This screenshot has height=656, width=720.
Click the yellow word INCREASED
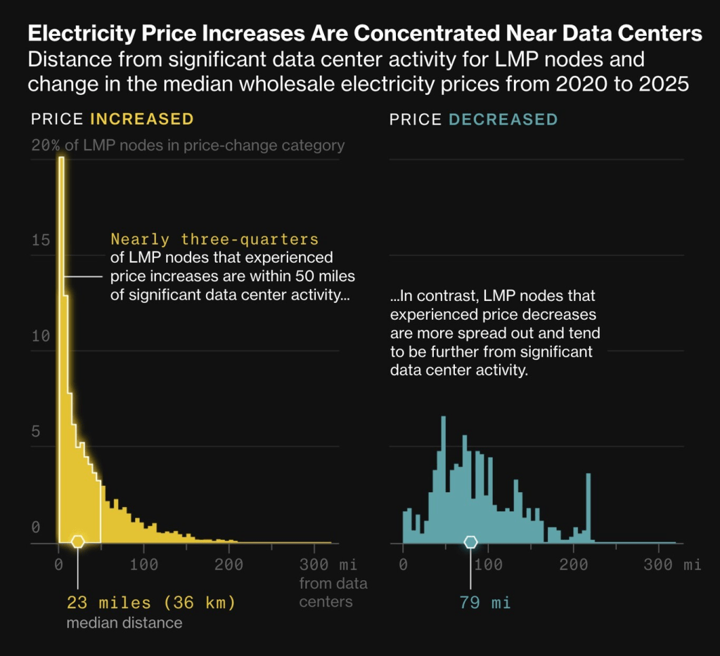pyautogui.click(x=142, y=119)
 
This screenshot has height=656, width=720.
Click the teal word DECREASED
pyautogui.click(x=503, y=119)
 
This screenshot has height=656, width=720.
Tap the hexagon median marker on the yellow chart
pyautogui.click(x=77, y=541)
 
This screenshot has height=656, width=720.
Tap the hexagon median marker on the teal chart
pyautogui.click(x=470, y=541)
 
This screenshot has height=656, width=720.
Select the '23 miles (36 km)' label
pyautogui.click(x=150, y=603)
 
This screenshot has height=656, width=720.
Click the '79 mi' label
pyautogui.click(x=484, y=603)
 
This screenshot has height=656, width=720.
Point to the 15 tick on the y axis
pyautogui.click(x=41, y=240)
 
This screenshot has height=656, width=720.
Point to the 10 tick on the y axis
pyautogui.click(x=41, y=336)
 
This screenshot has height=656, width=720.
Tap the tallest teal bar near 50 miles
pyautogui.click(x=443, y=478)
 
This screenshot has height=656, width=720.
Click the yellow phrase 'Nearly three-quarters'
pyautogui.click(x=214, y=239)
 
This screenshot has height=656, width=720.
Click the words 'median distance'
pyautogui.click(x=124, y=623)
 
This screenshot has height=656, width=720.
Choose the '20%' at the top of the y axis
pyautogui.click(x=45, y=146)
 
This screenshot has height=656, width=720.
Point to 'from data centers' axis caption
pyautogui.click(x=333, y=592)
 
